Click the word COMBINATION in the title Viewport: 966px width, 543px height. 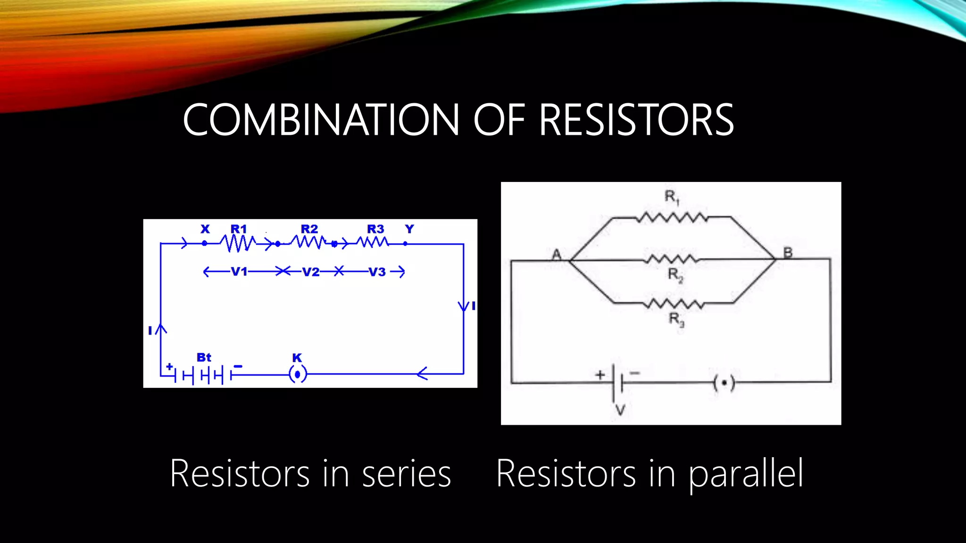[321, 120]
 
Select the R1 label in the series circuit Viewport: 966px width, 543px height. [239, 229]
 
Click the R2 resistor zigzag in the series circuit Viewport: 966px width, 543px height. [308, 243]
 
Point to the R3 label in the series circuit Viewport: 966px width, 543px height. [375, 229]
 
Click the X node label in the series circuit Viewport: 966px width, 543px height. [205, 229]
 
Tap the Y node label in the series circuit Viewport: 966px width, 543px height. [409, 229]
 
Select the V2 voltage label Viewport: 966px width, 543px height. [311, 272]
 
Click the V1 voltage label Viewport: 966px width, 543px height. [239, 272]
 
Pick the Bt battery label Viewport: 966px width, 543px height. [204, 357]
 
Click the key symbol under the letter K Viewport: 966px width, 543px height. [298, 374]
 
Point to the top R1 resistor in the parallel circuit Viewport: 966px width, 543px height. [672, 218]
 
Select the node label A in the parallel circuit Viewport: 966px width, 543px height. [557, 255]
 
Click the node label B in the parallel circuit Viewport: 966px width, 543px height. [788, 253]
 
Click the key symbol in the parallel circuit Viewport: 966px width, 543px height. [724, 383]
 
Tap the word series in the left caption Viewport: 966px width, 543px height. [406, 474]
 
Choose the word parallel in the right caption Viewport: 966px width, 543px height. [746, 474]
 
